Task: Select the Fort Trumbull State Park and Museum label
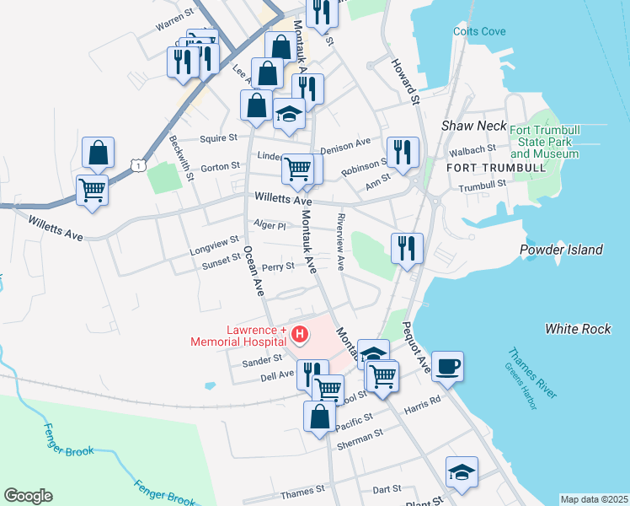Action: point(544,140)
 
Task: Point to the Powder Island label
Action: point(561,250)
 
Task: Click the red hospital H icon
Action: point(298,335)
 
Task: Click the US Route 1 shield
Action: point(138,166)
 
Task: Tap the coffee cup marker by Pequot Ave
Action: point(447,366)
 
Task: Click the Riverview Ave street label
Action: point(340,241)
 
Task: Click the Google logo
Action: point(28,496)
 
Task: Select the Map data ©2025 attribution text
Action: point(594,499)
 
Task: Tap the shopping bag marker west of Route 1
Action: point(99,153)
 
